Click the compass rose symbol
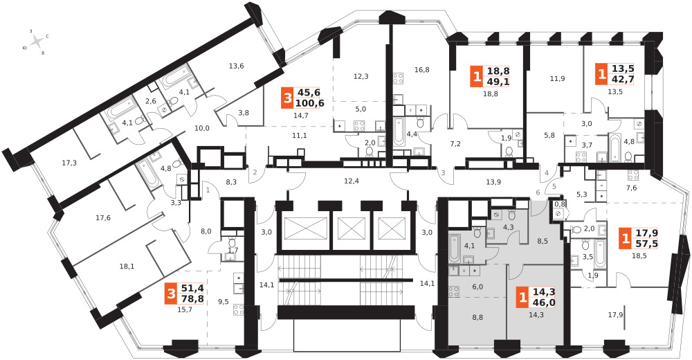(37, 42)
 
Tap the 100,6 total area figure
(309, 104)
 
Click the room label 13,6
(237, 66)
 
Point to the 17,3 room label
(69, 163)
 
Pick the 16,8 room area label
(422, 69)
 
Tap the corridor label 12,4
(352, 180)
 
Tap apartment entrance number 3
(443, 172)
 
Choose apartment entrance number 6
(538, 192)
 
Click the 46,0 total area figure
(544, 303)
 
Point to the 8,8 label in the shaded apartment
(477, 316)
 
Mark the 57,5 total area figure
(646, 244)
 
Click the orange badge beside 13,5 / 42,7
(601, 74)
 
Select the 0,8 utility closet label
(559, 204)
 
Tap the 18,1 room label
(127, 267)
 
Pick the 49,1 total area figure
(499, 81)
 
